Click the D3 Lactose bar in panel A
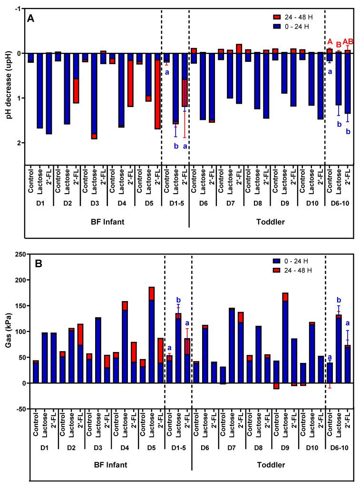[x=94, y=96]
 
